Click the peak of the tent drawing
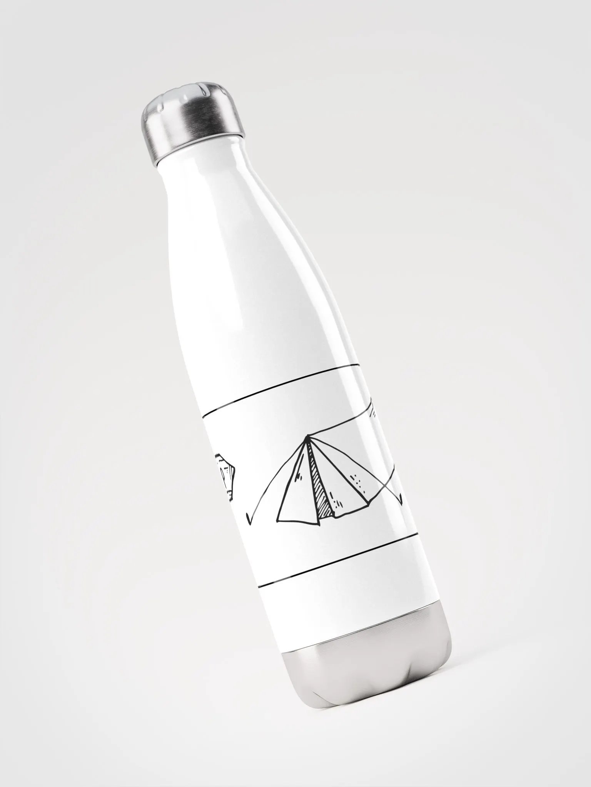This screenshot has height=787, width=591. [307, 437]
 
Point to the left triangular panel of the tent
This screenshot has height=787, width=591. [294, 496]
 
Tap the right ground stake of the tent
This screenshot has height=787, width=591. [401, 500]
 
